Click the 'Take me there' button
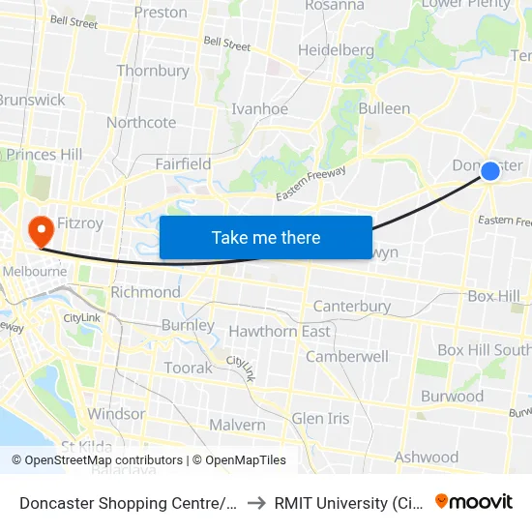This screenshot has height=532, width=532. pyautogui.click(x=266, y=237)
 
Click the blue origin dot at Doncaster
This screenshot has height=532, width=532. pyautogui.click(x=490, y=171)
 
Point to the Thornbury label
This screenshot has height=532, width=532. pyautogui.click(x=153, y=71)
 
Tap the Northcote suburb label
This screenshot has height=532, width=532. pyautogui.click(x=141, y=123)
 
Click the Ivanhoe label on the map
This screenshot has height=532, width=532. pyautogui.click(x=259, y=109)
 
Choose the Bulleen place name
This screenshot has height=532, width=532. pyautogui.click(x=384, y=108)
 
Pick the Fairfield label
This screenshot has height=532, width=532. pyautogui.click(x=184, y=164)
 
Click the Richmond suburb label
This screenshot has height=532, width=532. pyautogui.click(x=145, y=292)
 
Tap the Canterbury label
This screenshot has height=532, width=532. pyautogui.click(x=352, y=307)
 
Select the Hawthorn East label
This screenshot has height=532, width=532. pyautogui.click(x=280, y=332)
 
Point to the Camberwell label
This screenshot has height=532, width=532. pyautogui.click(x=347, y=356)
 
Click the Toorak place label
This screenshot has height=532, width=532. pyautogui.click(x=188, y=369)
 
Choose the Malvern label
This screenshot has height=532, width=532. pyautogui.click(x=237, y=425)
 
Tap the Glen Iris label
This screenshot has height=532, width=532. pyautogui.click(x=321, y=418)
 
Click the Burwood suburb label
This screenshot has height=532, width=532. pyautogui.click(x=452, y=397)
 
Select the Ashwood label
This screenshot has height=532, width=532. pyautogui.click(x=427, y=457)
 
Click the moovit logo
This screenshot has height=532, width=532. pyautogui.click(x=474, y=501)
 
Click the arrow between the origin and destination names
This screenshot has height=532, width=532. pyautogui.click(x=256, y=502)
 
